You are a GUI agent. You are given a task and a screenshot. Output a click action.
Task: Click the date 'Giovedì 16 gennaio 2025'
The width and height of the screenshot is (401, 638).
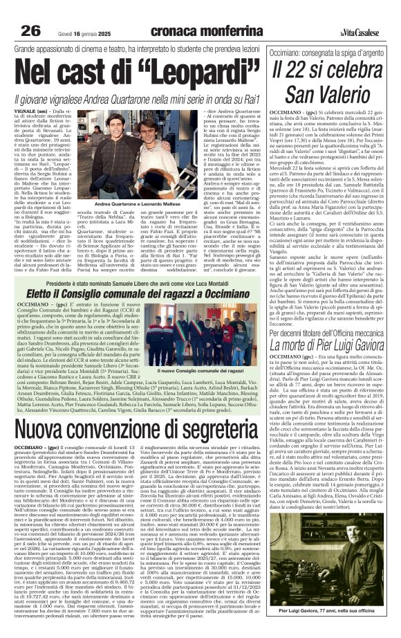(x=68, y=13)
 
